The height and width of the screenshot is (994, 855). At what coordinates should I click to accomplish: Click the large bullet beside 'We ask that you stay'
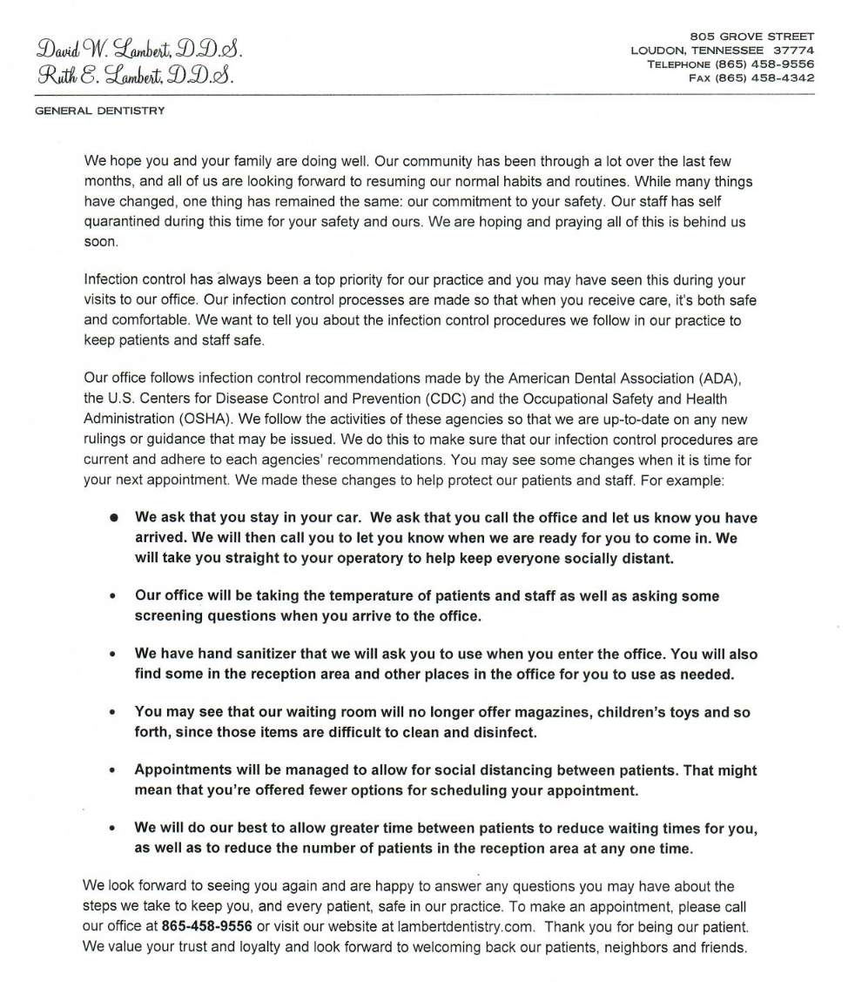coord(114,519)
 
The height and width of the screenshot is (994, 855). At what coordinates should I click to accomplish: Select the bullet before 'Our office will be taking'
coord(114,597)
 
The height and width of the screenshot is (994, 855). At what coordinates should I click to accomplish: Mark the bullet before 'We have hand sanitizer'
coord(114,655)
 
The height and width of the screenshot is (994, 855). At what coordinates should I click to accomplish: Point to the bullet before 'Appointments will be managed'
coord(114,771)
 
